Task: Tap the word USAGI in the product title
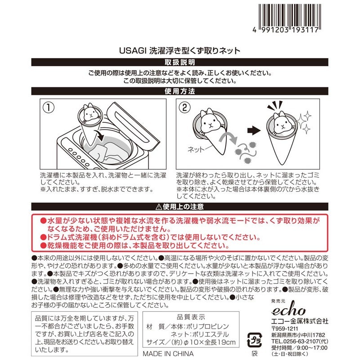133,51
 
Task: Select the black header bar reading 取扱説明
180,62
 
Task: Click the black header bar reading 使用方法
180,91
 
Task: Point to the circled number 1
49,108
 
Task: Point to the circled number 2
184,108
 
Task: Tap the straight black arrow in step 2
254,131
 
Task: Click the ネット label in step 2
196,150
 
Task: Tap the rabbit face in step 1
90,113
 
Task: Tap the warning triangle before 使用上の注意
159,207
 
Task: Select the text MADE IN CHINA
168,354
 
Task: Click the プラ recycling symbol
254,340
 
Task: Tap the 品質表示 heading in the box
191,317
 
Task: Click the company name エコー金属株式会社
300,321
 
